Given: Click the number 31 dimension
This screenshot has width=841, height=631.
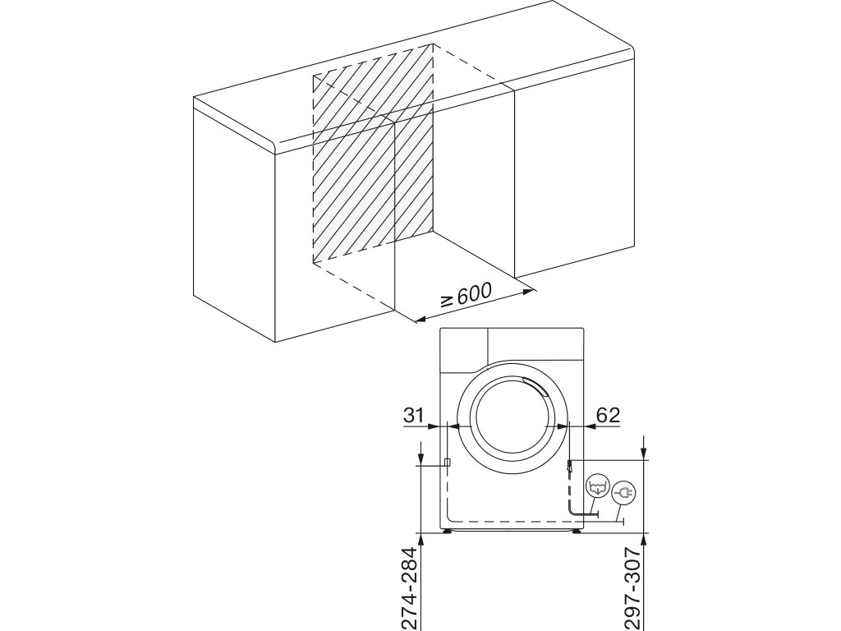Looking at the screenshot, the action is pyautogui.click(x=415, y=416).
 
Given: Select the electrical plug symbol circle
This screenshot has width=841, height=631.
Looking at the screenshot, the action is pyautogui.click(x=623, y=492).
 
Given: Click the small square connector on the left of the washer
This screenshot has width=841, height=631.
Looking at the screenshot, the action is pyautogui.click(x=447, y=463).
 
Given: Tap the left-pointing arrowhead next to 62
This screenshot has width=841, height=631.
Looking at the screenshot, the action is pyautogui.click(x=574, y=426).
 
